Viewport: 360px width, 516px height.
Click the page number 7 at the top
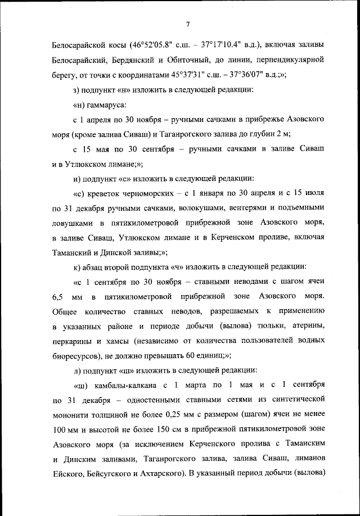point(187,24)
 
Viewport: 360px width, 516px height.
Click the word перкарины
point(73,341)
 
